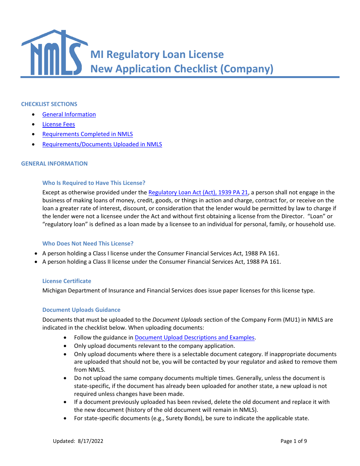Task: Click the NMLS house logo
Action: pyautogui.click(x=54, y=53)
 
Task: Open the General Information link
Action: pyautogui.click(x=69, y=114)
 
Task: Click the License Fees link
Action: pyautogui.click(x=59, y=124)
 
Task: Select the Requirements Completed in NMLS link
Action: pyautogui.click(x=88, y=134)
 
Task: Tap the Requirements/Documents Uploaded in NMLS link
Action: pyautogui.click(x=102, y=144)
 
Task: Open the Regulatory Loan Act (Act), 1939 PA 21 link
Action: pyautogui.click(x=198, y=192)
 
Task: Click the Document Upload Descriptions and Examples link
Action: pyautogui.click(x=194, y=338)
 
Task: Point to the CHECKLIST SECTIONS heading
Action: pyautogui.click(x=49, y=104)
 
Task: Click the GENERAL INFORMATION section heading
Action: pyautogui.click(x=54, y=164)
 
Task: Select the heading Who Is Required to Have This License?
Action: pyautogui.click(x=94, y=183)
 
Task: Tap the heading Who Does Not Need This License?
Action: pyautogui.click(x=88, y=244)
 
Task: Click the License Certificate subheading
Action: pyautogui.click(x=67, y=281)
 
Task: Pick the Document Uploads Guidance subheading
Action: pyautogui.click(x=81, y=310)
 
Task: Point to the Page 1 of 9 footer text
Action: pyautogui.click(x=294, y=441)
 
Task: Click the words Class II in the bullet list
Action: pyautogui.click(x=101, y=262)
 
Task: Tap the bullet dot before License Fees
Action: pyautogui.click(x=35, y=124)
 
